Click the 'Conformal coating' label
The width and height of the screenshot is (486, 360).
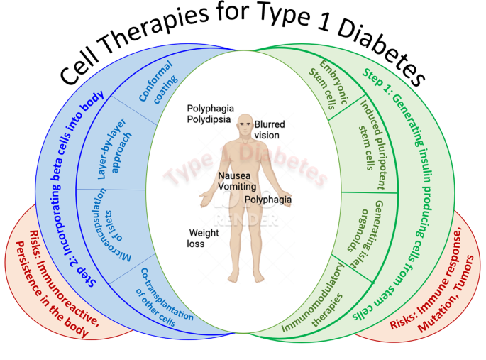pyautogui.click(x=158, y=85)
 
